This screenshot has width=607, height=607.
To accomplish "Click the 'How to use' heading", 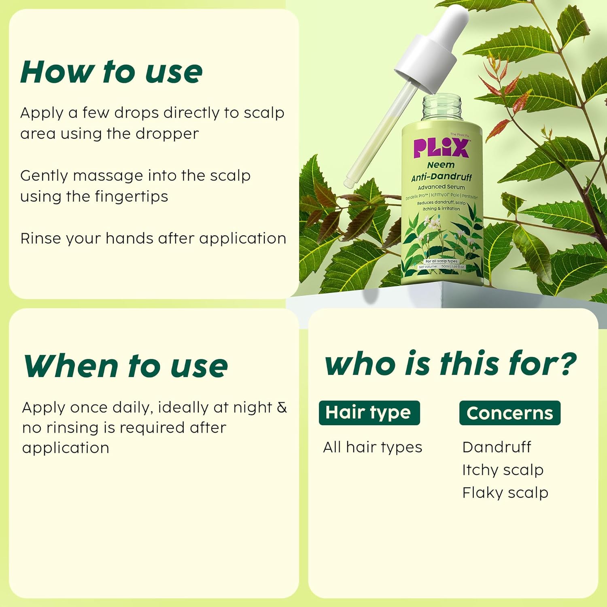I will coord(111,72).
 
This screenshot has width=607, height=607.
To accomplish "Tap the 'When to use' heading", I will coord(125,366).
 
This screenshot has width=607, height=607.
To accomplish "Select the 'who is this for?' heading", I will coord(450,363).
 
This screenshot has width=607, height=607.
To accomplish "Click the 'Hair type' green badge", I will coord(369,413).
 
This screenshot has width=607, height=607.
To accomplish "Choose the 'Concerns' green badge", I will coord(509,413).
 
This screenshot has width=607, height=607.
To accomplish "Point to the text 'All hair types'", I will coord(372,447).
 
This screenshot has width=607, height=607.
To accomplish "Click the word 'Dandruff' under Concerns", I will coord(497,447).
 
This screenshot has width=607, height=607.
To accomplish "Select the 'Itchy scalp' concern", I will coord(503,470).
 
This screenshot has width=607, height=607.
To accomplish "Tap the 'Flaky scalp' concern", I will coord(505,493).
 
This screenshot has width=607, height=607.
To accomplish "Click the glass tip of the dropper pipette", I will coord(349,182).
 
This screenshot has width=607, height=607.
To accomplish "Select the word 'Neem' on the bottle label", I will coord(441,165).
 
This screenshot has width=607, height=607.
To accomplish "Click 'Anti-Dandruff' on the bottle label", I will coord(441,177).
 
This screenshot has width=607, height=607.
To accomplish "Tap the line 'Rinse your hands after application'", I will coord(153,238).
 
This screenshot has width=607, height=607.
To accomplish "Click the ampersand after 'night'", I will coord(282,407).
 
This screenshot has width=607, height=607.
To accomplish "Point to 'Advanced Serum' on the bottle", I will coord(441,187).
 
